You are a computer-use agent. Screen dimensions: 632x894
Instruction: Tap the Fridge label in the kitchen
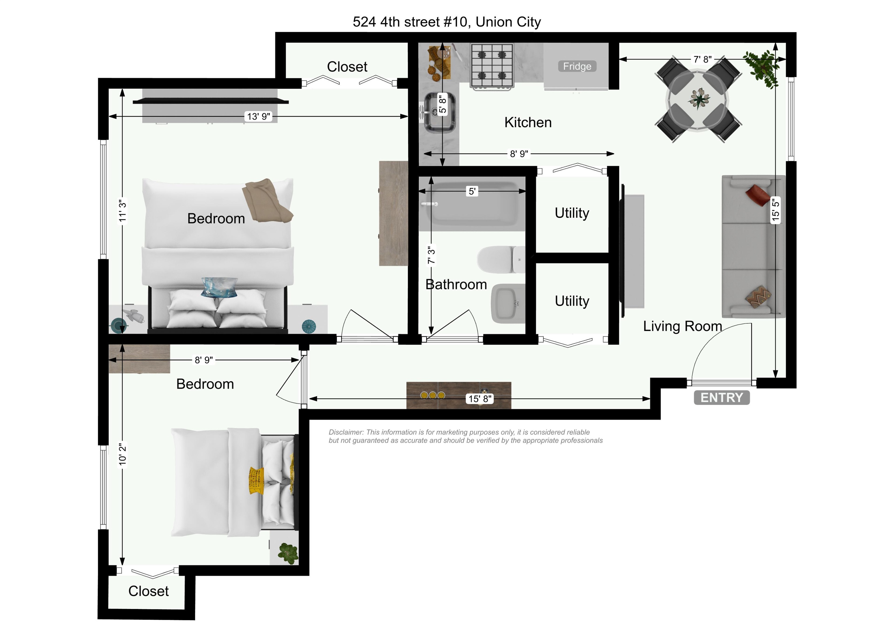pos(577,66)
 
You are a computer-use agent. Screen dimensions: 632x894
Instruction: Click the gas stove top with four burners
pos(492,65)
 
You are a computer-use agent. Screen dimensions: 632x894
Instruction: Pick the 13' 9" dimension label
pos(258,116)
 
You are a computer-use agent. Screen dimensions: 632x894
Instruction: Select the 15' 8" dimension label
pos(480,399)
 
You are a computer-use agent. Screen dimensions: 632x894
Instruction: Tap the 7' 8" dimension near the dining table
pos(703,59)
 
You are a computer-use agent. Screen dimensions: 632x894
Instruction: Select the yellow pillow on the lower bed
pos(256,480)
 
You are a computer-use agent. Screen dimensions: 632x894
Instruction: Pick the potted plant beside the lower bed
pos(288,553)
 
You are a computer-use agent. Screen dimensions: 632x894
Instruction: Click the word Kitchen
pos(528,122)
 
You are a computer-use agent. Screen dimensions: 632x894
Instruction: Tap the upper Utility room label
pos(572,213)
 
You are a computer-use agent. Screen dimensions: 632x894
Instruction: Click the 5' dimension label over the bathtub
pos(472,191)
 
